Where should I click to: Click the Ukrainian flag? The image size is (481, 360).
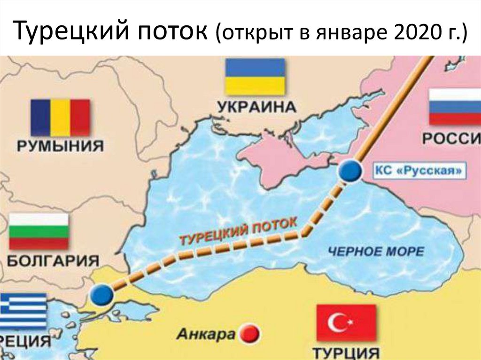[256, 76]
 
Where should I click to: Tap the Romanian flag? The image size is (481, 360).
[60, 118]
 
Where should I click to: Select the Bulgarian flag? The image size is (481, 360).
[39, 231]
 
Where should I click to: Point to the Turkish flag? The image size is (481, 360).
[346, 322]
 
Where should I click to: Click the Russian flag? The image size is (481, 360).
[454, 107]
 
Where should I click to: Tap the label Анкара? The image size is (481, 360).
[206, 334]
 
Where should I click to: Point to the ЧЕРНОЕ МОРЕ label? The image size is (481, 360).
[376, 251]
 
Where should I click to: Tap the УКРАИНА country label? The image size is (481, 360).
[256, 107]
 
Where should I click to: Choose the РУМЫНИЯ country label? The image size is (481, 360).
[60, 146]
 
